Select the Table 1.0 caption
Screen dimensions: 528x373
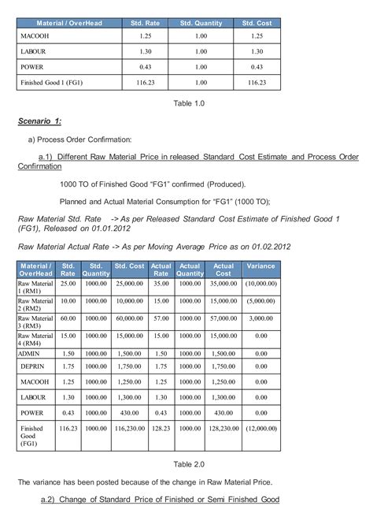188,103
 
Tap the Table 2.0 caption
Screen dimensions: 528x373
188,463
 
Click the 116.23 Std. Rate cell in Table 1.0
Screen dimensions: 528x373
146,81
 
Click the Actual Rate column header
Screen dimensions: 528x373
161,270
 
